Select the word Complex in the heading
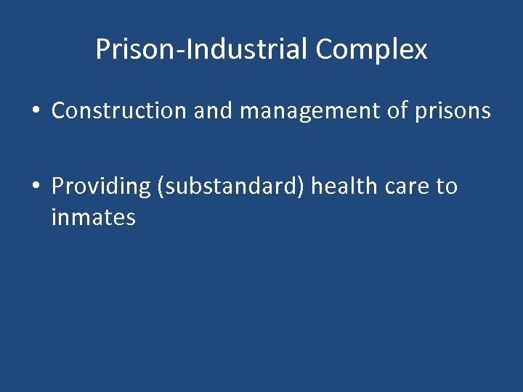tap(372, 49)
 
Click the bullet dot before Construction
tap(35, 112)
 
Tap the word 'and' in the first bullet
tap(214, 111)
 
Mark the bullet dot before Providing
tap(35, 187)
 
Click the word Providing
tap(100, 187)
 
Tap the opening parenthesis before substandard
tap(160, 187)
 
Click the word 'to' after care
tap(447, 187)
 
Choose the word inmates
tap(93, 217)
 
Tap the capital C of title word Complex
tap(324, 49)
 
